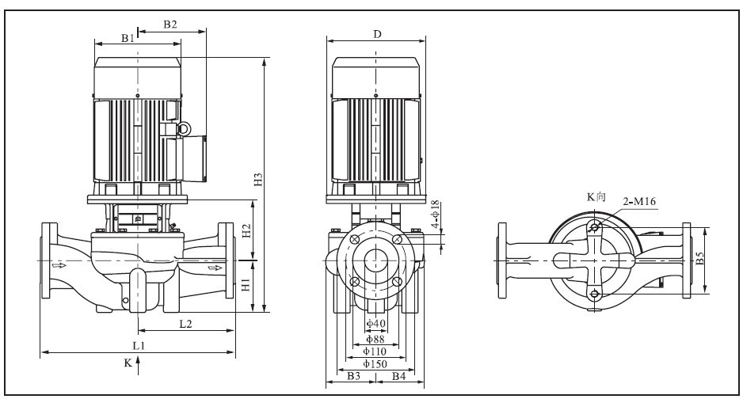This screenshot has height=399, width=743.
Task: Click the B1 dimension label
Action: [x=128, y=38]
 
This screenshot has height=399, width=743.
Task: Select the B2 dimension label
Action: [x=170, y=24]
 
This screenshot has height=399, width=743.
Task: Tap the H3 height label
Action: [x=258, y=180]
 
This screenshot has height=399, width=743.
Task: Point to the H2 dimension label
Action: [x=246, y=230]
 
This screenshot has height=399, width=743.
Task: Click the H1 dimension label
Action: [x=246, y=284]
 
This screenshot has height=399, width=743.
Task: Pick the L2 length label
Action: [x=185, y=324]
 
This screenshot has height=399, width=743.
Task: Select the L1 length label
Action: [x=139, y=345]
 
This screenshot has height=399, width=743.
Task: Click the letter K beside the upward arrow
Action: [x=128, y=363]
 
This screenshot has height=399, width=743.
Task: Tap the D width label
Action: [x=377, y=34]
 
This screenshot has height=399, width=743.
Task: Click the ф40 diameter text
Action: [x=375, y=324]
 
